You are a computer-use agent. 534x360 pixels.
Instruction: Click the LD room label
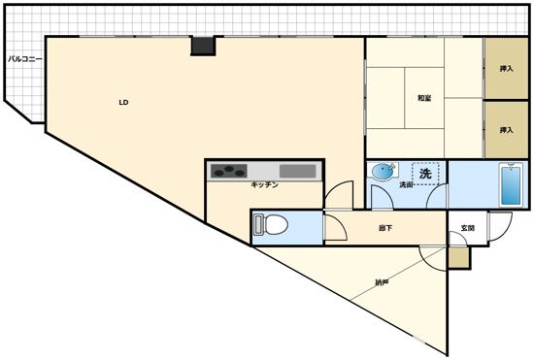click(123, 102)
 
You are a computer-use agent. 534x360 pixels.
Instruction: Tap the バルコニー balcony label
click(25, 59)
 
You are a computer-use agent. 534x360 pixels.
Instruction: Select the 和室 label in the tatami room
click(424, 98)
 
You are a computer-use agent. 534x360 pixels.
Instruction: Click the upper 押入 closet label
click(506, 69)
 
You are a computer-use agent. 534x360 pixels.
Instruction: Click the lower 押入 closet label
click(506, 130)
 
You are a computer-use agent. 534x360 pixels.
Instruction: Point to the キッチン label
click(265, 184)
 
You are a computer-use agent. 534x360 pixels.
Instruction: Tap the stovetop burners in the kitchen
click(229, 171)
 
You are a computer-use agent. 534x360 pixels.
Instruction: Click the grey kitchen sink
click(298, 171)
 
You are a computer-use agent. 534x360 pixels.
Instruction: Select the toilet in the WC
click(271, 224)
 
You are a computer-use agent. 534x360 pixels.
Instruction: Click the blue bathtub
click(511, 185)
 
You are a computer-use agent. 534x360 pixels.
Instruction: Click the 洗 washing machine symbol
click(425, 174)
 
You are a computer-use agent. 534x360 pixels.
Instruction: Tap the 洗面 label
click(406, 184)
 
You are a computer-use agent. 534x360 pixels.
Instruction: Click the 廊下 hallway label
click(385, 228)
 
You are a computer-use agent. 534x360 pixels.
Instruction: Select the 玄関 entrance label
click(468, 228)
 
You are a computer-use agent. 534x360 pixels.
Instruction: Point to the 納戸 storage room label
click(382, 282)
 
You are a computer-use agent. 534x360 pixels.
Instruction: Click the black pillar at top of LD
click(203, 46)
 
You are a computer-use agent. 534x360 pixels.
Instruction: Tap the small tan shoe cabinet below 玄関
click(459, 257)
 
